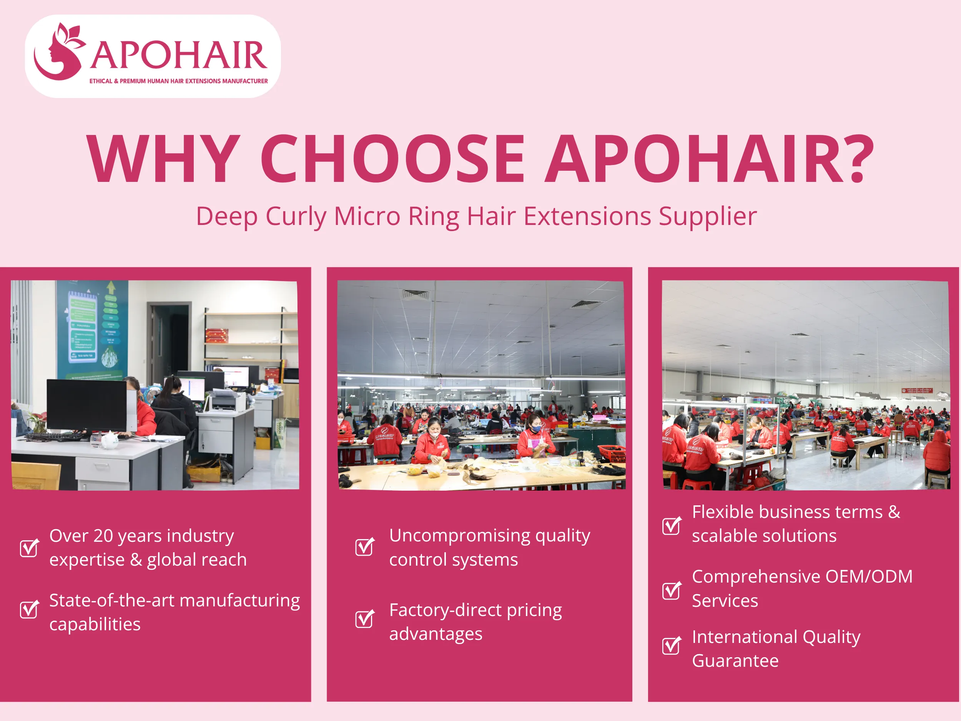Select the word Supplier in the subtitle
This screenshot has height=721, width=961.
[708, 216]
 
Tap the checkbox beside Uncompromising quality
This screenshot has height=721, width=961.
[364, 547]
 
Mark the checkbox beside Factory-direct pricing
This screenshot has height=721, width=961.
[364, 619]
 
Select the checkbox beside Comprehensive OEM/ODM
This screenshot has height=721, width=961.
[672, 590]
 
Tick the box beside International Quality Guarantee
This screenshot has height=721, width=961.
[672, 645]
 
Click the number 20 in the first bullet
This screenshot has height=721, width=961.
[103, 536]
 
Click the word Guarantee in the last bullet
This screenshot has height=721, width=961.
[735, 661]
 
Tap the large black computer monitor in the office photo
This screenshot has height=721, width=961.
[87, 405]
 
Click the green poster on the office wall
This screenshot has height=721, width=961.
[92, 330]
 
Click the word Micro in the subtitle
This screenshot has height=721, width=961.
[367, 216]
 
